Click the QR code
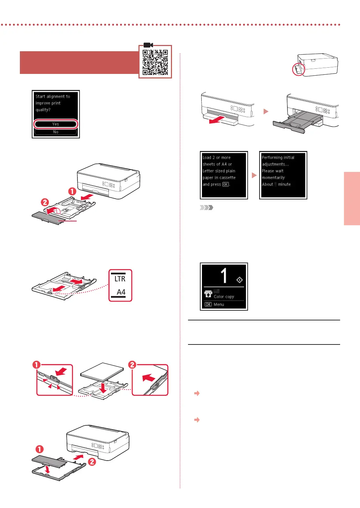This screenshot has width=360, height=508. tap(155, 62)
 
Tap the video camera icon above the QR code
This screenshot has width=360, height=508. tap(148, 45)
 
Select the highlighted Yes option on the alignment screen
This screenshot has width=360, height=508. tap(55, 124)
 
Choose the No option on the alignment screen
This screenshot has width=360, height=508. tap(55, 132)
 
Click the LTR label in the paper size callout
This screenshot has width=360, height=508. tap(120, 279)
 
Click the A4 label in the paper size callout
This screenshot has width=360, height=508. tap(121, 292)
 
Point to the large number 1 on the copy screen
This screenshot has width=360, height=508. tap(224, 275)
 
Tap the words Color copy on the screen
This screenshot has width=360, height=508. tap(224, 297)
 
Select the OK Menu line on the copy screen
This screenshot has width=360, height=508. tap(215, 304)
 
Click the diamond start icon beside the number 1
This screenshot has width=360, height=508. tap(239, 280)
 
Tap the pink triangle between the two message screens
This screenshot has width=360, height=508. tap(254, 175)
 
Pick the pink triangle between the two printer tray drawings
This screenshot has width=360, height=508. tap(266, 112)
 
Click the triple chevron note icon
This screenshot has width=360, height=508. tap(206, 208)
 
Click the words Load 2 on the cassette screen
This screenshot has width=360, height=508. tap(209, 158)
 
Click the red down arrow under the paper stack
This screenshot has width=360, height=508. tap(103, 387)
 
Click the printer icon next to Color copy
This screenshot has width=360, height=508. tap(208, 294)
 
